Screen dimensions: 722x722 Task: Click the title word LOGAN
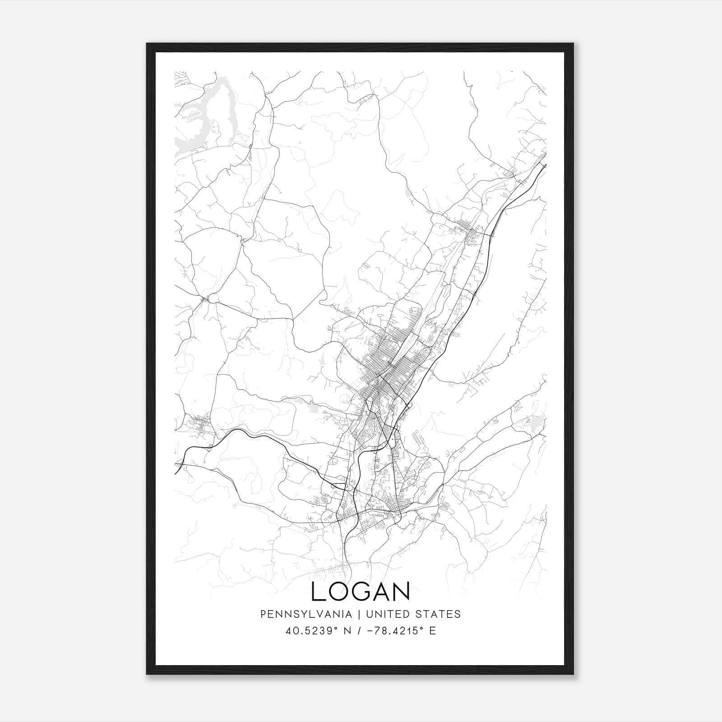361,591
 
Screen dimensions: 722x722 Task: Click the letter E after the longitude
433,631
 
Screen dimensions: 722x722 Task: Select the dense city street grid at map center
388,361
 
